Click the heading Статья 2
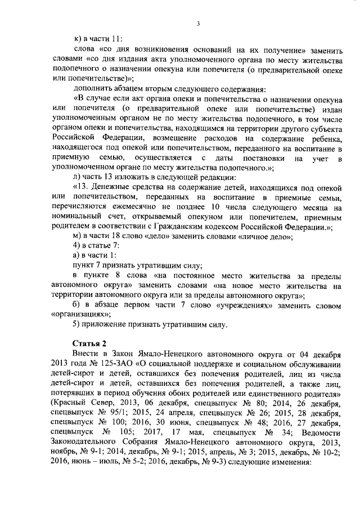pos(90,344)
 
